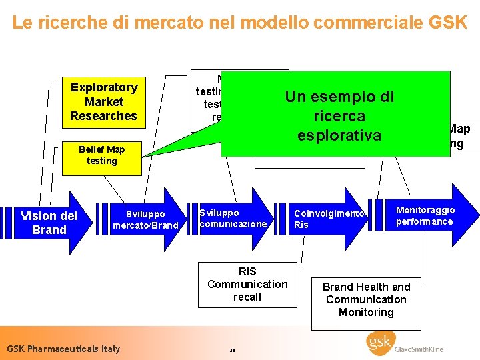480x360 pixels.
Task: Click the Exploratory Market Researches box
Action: coord(103,101)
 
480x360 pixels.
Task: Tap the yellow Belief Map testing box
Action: coord(101,155)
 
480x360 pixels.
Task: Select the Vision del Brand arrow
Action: coord(45,223)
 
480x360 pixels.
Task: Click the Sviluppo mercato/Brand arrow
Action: coord(145,220)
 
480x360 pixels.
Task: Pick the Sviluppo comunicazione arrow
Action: coord(233,219)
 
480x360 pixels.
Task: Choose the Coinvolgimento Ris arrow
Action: coord(330,219)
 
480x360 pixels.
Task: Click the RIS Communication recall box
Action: coord(247,284)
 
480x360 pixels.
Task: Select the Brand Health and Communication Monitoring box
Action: coord(366,299)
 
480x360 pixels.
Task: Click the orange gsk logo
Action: coord(381,343)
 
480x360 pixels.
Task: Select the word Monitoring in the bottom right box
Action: coord(366,312)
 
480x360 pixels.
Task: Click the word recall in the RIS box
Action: coord(247,297)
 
